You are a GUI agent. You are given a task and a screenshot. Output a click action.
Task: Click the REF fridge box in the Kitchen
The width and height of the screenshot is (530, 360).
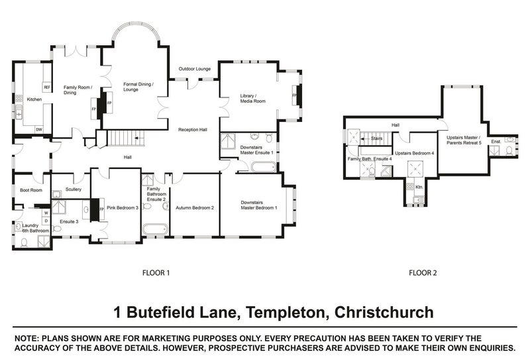pyautogui.click(x=46, y=87)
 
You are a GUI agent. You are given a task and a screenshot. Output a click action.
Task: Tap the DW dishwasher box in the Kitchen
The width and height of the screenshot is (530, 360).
pyautogui.click(x=39, y=129)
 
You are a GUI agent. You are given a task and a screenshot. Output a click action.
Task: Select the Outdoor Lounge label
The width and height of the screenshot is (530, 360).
pyautogui.click(x=194, y=69)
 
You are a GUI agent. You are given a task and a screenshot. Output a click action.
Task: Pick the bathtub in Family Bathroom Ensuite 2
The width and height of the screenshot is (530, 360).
pyautogui.click(x=156, y=230)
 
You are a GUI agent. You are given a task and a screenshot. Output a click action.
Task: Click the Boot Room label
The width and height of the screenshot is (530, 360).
pyautogui.click(x=30, y=190)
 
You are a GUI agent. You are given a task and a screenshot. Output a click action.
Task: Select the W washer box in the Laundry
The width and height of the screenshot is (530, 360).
pyautogui.click(x=46, y=213)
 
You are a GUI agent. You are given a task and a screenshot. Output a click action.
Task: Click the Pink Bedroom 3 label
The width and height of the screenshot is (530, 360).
pyautogui.click(x=123, y=208)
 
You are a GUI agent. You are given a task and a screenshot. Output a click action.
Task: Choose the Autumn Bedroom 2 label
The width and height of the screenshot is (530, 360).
pyautogui.click(x=195, y=208)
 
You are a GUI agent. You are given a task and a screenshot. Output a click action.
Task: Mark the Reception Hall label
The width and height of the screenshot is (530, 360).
pyautogui.click(x=193, y=129)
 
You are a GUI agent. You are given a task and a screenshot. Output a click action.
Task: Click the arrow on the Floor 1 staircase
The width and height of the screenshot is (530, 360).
pyautogui.click(x=137, y=139)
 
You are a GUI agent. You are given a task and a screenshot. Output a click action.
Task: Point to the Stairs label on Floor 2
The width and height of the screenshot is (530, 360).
pyautogui.click(x=377, y=139)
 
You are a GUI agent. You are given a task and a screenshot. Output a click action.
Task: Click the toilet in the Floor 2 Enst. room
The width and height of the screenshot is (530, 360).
pyautogui.click(x=507, y=150)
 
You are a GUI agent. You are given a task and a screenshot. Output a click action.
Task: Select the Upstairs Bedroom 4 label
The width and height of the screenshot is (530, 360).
pyautogui.click(x=414, y=153)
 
